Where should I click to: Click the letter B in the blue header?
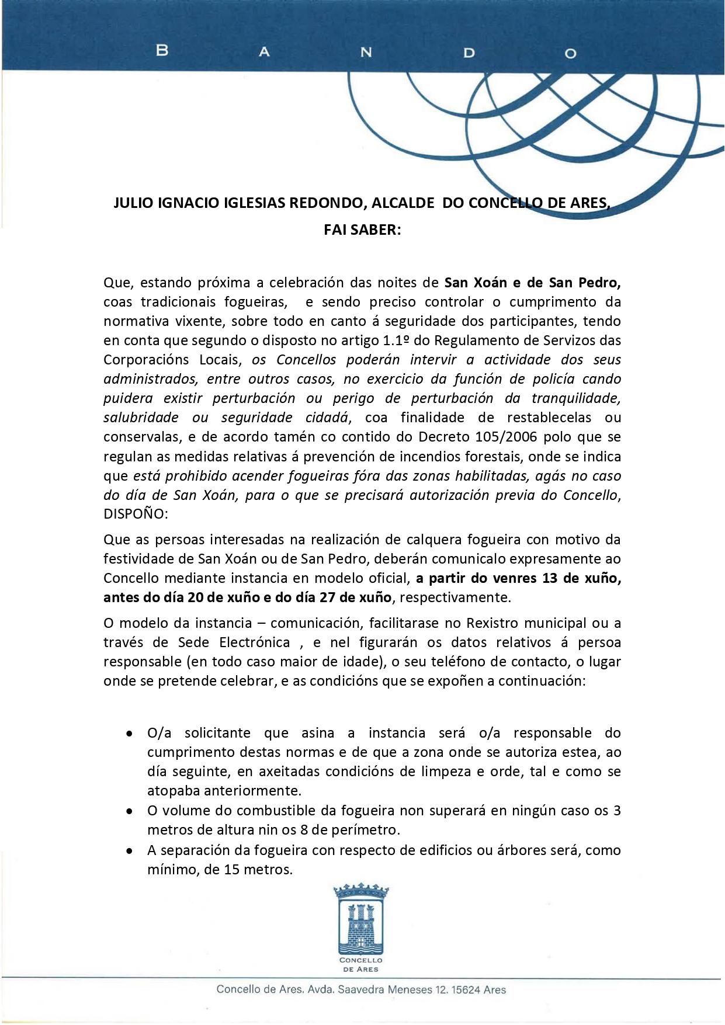point(162,51)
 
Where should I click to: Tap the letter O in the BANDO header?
point(571,54)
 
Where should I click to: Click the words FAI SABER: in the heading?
point(362,230)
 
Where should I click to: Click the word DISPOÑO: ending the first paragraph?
point(136,514)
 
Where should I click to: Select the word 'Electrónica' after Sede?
point(255,642)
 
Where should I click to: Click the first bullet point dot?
point(130,734)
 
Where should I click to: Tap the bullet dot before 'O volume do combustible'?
point(130,811)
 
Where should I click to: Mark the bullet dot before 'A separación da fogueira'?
point(130,851)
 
